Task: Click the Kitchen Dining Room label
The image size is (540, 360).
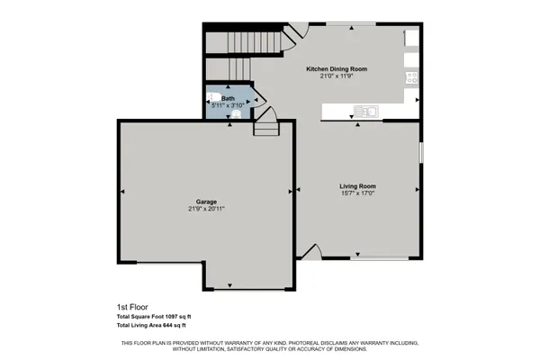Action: tap(337, 68)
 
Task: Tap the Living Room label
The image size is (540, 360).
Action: tap(357, 185)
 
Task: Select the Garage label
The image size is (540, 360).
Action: tap(206, 202)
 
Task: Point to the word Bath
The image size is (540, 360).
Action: tap(228, 98)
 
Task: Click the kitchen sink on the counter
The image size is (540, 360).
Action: tap(365, 111)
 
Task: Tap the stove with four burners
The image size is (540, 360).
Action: tap(412, 76)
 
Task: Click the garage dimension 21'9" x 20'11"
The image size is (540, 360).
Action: tap(206, 209)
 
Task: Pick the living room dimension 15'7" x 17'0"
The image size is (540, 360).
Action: tap(357, 193)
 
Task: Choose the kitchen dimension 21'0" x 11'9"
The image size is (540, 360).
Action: tap(337, 76)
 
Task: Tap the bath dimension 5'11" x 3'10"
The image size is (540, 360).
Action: tap(228, 106)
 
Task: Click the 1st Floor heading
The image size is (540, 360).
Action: tap(131, 307)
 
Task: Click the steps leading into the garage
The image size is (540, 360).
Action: tap(265, 128)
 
